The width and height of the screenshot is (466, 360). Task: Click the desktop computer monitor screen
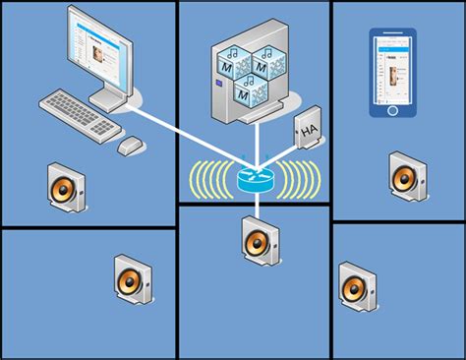coord(99,48)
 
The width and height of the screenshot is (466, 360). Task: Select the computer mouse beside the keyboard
coord(131,146)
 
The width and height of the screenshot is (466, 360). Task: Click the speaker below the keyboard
coord(67,188)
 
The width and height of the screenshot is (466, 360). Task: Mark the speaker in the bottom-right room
coord(355,286)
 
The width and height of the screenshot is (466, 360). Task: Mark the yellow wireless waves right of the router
coord(303,180)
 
